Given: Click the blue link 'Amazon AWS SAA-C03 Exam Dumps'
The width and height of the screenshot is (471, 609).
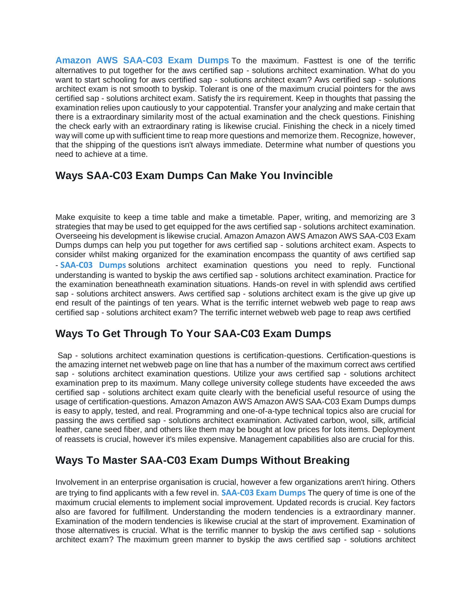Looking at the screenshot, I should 142,60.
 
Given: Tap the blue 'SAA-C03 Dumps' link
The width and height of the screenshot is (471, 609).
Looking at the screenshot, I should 93,265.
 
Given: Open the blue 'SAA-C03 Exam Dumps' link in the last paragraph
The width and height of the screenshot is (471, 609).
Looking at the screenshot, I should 263,493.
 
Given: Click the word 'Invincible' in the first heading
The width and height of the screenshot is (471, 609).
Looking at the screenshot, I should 308,176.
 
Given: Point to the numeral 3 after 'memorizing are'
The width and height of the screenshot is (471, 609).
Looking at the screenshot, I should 413,217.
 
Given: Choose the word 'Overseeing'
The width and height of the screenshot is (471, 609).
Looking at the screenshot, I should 76,236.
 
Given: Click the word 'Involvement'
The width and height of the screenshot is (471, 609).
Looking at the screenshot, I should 76,482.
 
